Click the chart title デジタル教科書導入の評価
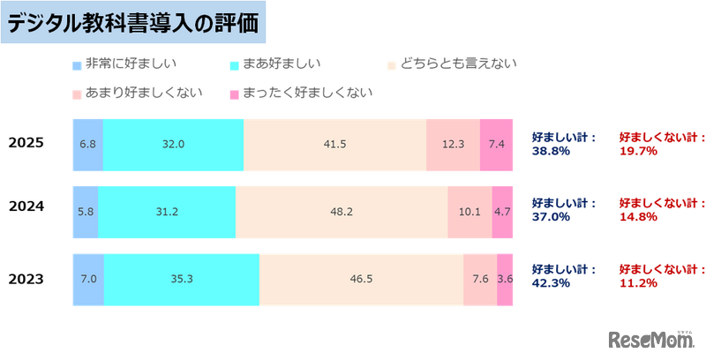135,24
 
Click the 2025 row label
26,143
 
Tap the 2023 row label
26,281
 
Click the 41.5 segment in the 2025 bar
334,143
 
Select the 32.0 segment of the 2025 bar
173,143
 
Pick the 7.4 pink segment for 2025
496,143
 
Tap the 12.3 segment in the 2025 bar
453,143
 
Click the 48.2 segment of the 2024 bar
342,212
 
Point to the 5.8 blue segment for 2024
85,212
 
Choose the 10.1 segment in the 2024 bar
469,212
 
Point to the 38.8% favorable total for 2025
551,151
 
